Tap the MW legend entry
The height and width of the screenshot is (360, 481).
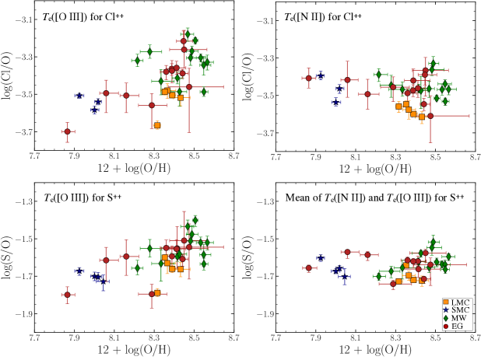coord(457,318)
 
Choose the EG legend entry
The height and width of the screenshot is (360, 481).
coord(457,327)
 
